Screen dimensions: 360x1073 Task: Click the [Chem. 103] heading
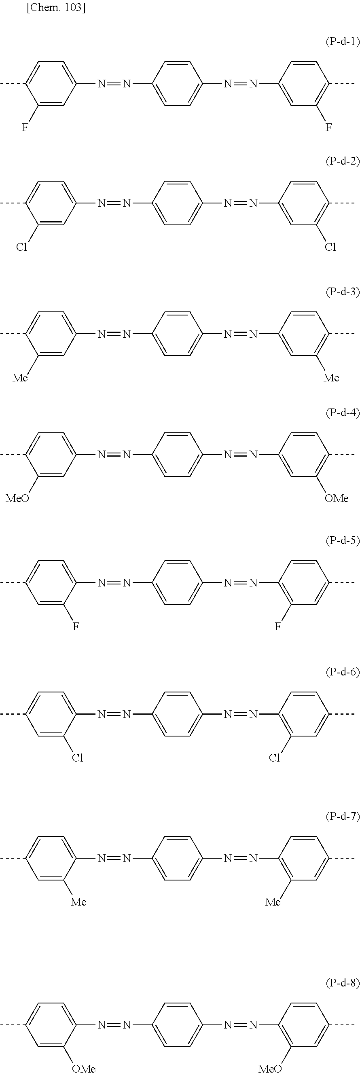tap(56, 8)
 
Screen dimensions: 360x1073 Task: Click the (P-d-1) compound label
tap(342, 41)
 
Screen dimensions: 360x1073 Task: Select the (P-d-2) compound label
tap(342, 161)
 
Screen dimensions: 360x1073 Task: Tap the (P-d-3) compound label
tap(342, 292)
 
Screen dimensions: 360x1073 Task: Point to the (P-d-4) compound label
tap(342, 413)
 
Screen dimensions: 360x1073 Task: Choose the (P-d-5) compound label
tap(342, 540)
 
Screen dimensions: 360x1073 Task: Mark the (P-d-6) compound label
tap(342, 672)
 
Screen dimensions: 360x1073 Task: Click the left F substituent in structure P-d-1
tap(25, 127)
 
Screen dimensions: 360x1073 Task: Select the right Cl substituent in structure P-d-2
tap(330, 248)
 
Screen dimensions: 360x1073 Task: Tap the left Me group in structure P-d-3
tap(20, 378)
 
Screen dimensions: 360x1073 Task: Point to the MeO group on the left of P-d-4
tap(17, 498)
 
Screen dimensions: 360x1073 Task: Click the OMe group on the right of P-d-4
tap(336, 498)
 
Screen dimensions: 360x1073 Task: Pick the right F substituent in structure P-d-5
tap(277, 626)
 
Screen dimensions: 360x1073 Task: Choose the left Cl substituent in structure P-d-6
tap(78, 758)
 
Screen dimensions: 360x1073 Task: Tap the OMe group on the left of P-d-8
tap(84, 1068)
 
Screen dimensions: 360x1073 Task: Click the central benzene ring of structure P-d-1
tap(178, 84)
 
